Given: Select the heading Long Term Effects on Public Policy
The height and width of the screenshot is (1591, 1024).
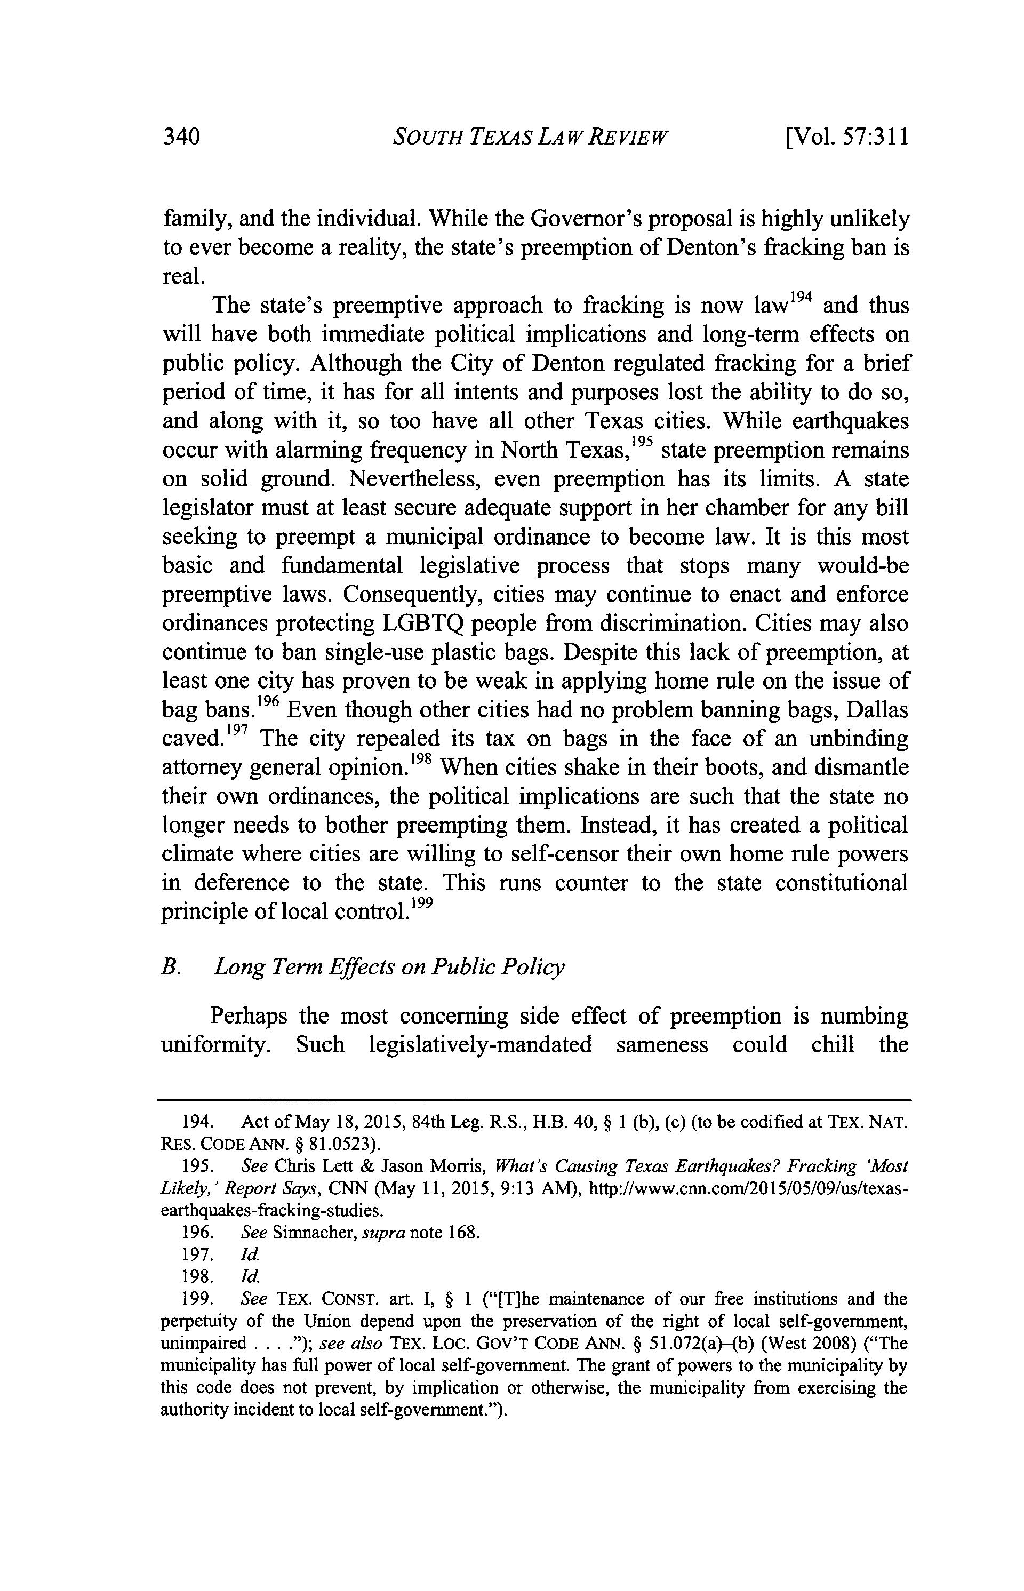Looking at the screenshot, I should pyautogui.click(x=389, y=966).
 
